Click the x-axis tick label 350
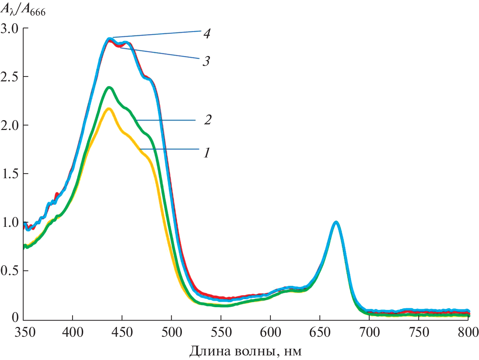pyautogui.click(x=25, y=332)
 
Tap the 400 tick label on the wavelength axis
pyautogui.click(x=73, y=332)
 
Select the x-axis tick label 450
pyautogui.click(x=122, y=332)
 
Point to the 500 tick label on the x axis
pyautogui.click(x=172, y=332)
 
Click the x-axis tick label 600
pyautogui.click(x=270, y=332)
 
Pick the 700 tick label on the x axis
pyautogui.click(x=369, y=332)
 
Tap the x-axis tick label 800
pyautogui.click(x=468, y=332)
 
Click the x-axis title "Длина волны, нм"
pyautogui.click(x=245, y=351)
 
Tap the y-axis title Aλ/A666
pyautogui.click(x=23, y=10)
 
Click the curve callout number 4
pyautogui.click(x=207, y=33)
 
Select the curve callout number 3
pyautogui.click(x=206, y=61)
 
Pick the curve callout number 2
pyautogui.click(x=208, y=120)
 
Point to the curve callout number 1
pyautogui.click(x=207, y=153)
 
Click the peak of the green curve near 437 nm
pyautogui.click(x=109, y=87)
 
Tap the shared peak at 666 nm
pyautogui.click(x=336, y=222)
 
